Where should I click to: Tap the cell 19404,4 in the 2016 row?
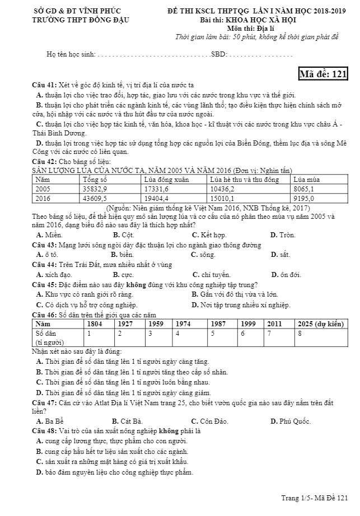click(x=157, y=198)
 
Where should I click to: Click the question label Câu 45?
click(x=44, y=284)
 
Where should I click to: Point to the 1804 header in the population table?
click(x=95, y=324)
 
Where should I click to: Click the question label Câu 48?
click(x=44, y=431)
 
